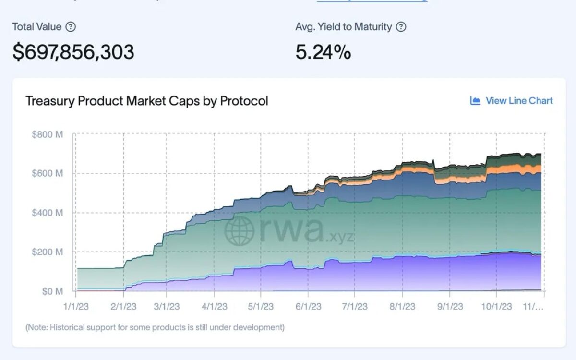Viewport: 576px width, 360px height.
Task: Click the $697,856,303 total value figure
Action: point(73,52)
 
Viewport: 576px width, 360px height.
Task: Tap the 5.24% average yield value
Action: point(323,52)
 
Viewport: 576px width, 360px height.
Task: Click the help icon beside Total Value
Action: point(71,27)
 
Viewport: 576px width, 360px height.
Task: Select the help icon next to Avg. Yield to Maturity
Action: point(401,27)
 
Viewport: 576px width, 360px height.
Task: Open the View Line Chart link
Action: point(512,101)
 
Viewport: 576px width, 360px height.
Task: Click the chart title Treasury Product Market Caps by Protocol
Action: point(147,101)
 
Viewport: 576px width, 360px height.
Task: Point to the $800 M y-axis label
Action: point(48,135)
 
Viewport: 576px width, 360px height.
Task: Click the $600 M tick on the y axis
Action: point(48,173)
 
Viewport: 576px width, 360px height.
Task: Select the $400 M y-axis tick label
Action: point(48,213)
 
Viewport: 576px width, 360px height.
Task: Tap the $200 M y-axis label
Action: point(48,252)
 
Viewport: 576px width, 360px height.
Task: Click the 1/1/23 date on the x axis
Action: point(76,306)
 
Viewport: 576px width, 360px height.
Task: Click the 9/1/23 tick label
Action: point(450,306)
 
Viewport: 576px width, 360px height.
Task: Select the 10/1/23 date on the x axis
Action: point(497,306)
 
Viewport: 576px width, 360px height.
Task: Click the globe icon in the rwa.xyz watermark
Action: point(239,230)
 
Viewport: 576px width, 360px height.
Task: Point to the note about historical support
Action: point(155,327)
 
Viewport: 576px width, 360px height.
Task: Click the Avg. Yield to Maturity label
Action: point(344,27)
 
